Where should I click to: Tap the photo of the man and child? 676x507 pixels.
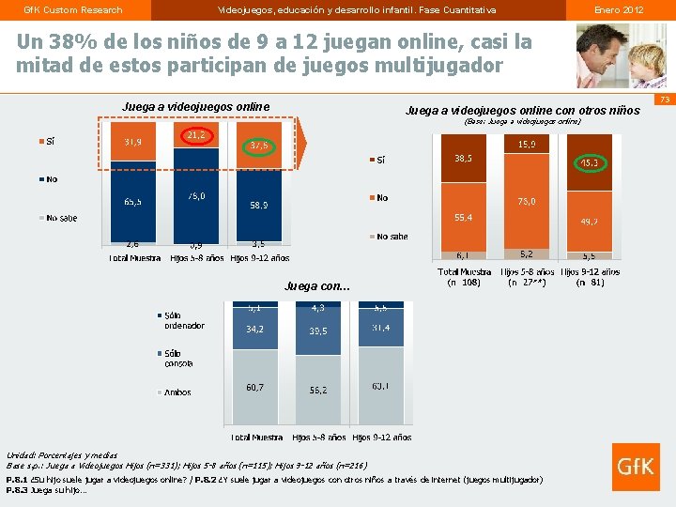point(615,55)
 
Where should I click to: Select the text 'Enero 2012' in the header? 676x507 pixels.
point(619,9)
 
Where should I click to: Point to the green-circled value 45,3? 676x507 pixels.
point(591,162)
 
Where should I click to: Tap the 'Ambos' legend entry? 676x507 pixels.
point(177,392)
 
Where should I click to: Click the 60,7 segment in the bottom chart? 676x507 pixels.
point(255,387)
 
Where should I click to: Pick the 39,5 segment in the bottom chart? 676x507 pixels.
point(318,330)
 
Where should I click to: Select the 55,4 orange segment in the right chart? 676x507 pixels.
point(463,218)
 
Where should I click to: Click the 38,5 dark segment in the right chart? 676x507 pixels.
point(463,159)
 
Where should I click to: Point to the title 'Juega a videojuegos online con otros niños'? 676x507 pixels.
point(522,111)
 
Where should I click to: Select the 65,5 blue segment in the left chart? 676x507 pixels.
point(133,201)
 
